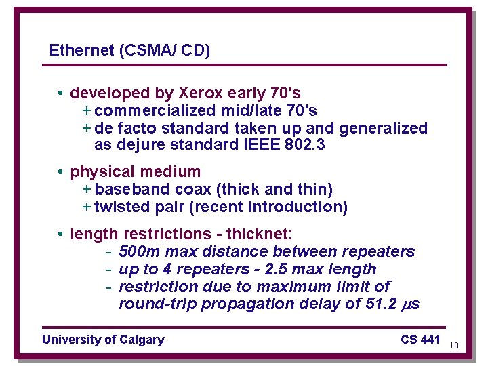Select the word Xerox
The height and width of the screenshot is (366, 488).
tap(201, 92)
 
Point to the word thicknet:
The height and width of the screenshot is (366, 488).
tap(259, 234)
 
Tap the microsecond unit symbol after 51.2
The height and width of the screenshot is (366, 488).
tap(412, 305)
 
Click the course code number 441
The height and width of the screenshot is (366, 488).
tap(430, 340)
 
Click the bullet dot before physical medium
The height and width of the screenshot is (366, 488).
tap(61, 172)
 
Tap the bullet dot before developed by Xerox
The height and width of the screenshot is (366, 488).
tap(61, 93)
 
